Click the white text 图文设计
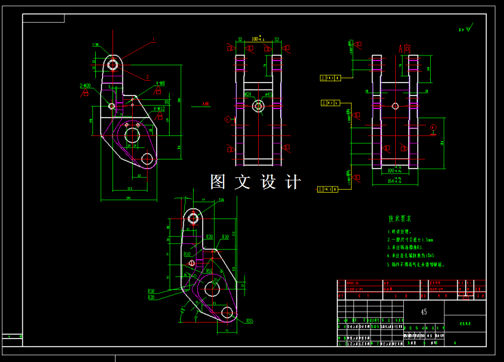click(256, 182)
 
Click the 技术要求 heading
click(400, 219)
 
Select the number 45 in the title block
click(423, 312)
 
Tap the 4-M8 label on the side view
click(160, 83)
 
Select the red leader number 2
click(148, 78)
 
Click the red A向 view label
click(404, 47)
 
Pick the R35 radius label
click(250, 321)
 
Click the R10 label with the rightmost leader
click(226, 236)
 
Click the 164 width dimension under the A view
click(394, 181)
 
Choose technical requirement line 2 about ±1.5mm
click(410, 239)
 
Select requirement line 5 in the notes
click(415, 264)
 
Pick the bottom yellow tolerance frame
click(328, 189)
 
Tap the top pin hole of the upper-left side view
click(112, 63)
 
